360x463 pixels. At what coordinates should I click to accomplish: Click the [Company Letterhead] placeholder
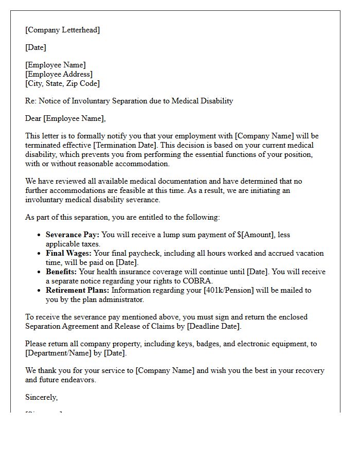pyautogui.click(x=63, y=30)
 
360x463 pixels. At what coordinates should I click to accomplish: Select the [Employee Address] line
pyautogui.click(x=59, y=74)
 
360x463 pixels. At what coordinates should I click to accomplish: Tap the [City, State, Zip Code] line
pyautogui.click(x=62, y=83)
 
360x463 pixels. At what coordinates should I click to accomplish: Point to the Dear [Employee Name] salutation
pyautogui.click(x=65, y=118)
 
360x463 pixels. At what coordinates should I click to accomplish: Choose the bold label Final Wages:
pyautogui.click(x=68, y=253)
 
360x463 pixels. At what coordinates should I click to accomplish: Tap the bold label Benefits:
pyautogui.click(x=61, y=272)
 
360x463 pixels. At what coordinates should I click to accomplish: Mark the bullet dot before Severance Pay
pyautogui.click(x=40, y=235)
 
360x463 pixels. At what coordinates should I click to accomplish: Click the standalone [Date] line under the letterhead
pyautogui.click(x=35, y=47)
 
